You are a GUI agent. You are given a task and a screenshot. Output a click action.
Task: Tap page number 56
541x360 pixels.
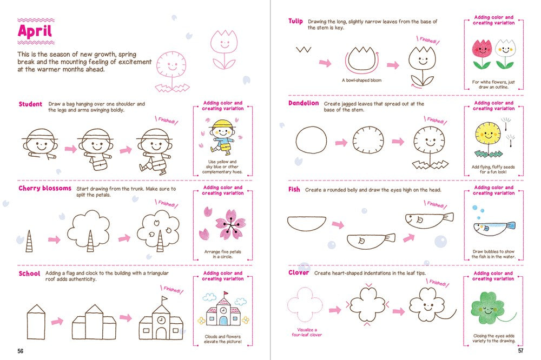[20, 351]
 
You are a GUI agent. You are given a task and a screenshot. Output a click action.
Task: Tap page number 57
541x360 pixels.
[520, 351]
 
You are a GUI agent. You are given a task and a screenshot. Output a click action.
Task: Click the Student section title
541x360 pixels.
[30, 104]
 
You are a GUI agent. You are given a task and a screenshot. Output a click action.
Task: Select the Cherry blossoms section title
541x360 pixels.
[45, 188]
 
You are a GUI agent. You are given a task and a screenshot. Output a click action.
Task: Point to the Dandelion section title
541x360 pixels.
[304, 103]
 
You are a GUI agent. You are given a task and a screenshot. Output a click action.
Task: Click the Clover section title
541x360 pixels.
[299, 273]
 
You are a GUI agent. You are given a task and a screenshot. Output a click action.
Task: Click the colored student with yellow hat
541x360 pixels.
[221, 139]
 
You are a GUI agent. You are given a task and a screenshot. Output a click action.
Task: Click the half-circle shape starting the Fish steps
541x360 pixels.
[306, 222]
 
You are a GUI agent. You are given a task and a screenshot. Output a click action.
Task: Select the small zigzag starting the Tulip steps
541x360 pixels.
[303, 50]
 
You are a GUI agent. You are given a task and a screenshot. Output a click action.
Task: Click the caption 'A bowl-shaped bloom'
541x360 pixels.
[361, 80]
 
